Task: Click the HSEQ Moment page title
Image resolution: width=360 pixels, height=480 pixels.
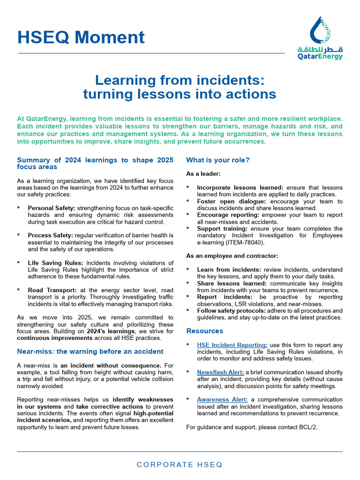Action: coord(81,37)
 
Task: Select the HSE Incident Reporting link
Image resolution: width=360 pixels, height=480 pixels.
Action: coord(232,345)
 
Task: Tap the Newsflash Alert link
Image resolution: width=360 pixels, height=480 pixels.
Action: coord(220,372)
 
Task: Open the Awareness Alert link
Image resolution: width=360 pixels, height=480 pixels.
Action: coord(222,399)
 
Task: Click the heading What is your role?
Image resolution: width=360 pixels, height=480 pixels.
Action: coord(217,160)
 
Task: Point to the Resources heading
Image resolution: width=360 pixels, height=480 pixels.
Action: coord(205,331)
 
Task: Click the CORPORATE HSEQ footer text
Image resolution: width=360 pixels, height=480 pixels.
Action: coord(180,465)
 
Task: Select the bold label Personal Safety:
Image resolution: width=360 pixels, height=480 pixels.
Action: coord(52,208)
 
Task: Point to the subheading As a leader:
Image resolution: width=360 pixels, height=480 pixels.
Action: coord(203,173)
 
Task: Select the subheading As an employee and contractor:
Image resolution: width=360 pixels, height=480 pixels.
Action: coord(232,256)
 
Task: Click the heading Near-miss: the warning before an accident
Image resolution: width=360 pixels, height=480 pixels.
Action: coord(90,352)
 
